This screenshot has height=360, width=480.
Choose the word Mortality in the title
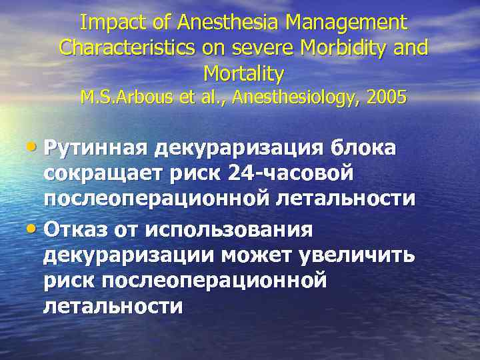[244, 72]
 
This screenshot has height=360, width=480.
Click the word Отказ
[75, 231]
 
